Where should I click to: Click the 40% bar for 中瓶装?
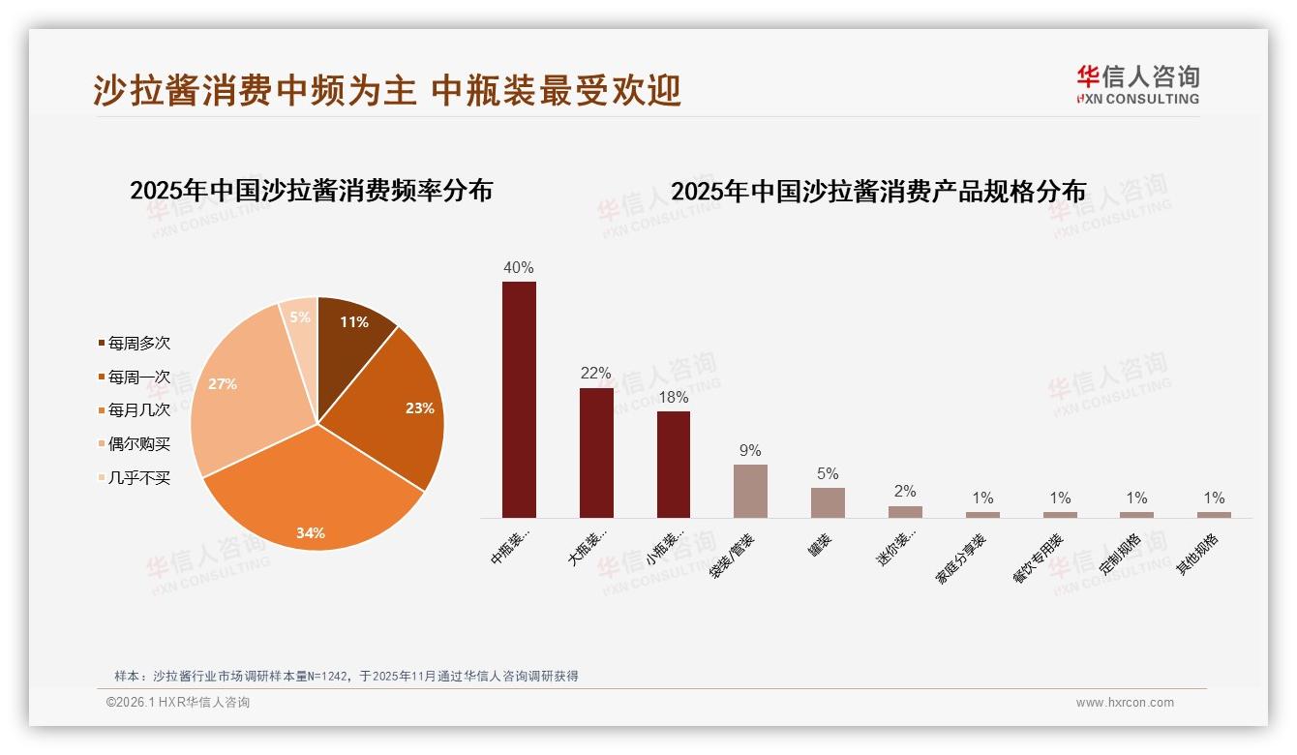click(x=519, y=399)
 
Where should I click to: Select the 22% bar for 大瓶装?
click(x=596, y=452)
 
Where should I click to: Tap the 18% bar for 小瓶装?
click(x=674, y=464)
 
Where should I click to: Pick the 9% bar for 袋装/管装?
click(x=750, y=491)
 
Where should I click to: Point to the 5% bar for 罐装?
click(x=828, y=502)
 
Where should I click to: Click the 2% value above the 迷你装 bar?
click(x=905, y=492)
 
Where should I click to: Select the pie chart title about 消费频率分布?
click(x=311, y=191)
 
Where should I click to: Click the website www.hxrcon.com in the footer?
click(x=1124, y=703)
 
